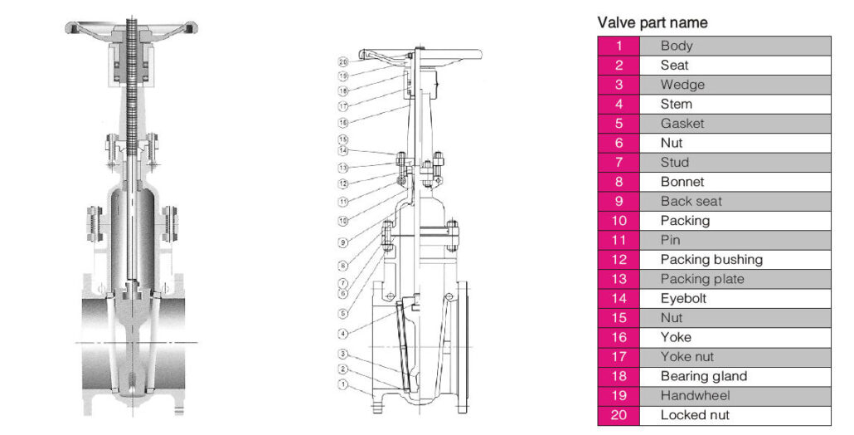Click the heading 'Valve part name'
point(652,22)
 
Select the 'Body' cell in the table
point(677,46)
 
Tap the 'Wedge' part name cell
point(682,85)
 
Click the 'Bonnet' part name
point(682,182)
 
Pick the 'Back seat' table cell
point(691,201)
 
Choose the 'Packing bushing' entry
point(711,260)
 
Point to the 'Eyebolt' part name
point(683,298)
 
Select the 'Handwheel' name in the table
point(695,396)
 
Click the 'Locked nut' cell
point(695,415)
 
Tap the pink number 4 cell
point(619,104)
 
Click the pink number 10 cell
point(619,221)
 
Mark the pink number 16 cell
point(619,337)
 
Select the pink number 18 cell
point(619,376)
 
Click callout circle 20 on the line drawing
point(343,61)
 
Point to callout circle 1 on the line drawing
point(343,384)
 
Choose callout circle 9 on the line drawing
point(343,242)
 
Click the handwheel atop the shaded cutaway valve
point(132,27)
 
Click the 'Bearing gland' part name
point(703,376)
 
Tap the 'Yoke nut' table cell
point(687,357)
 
